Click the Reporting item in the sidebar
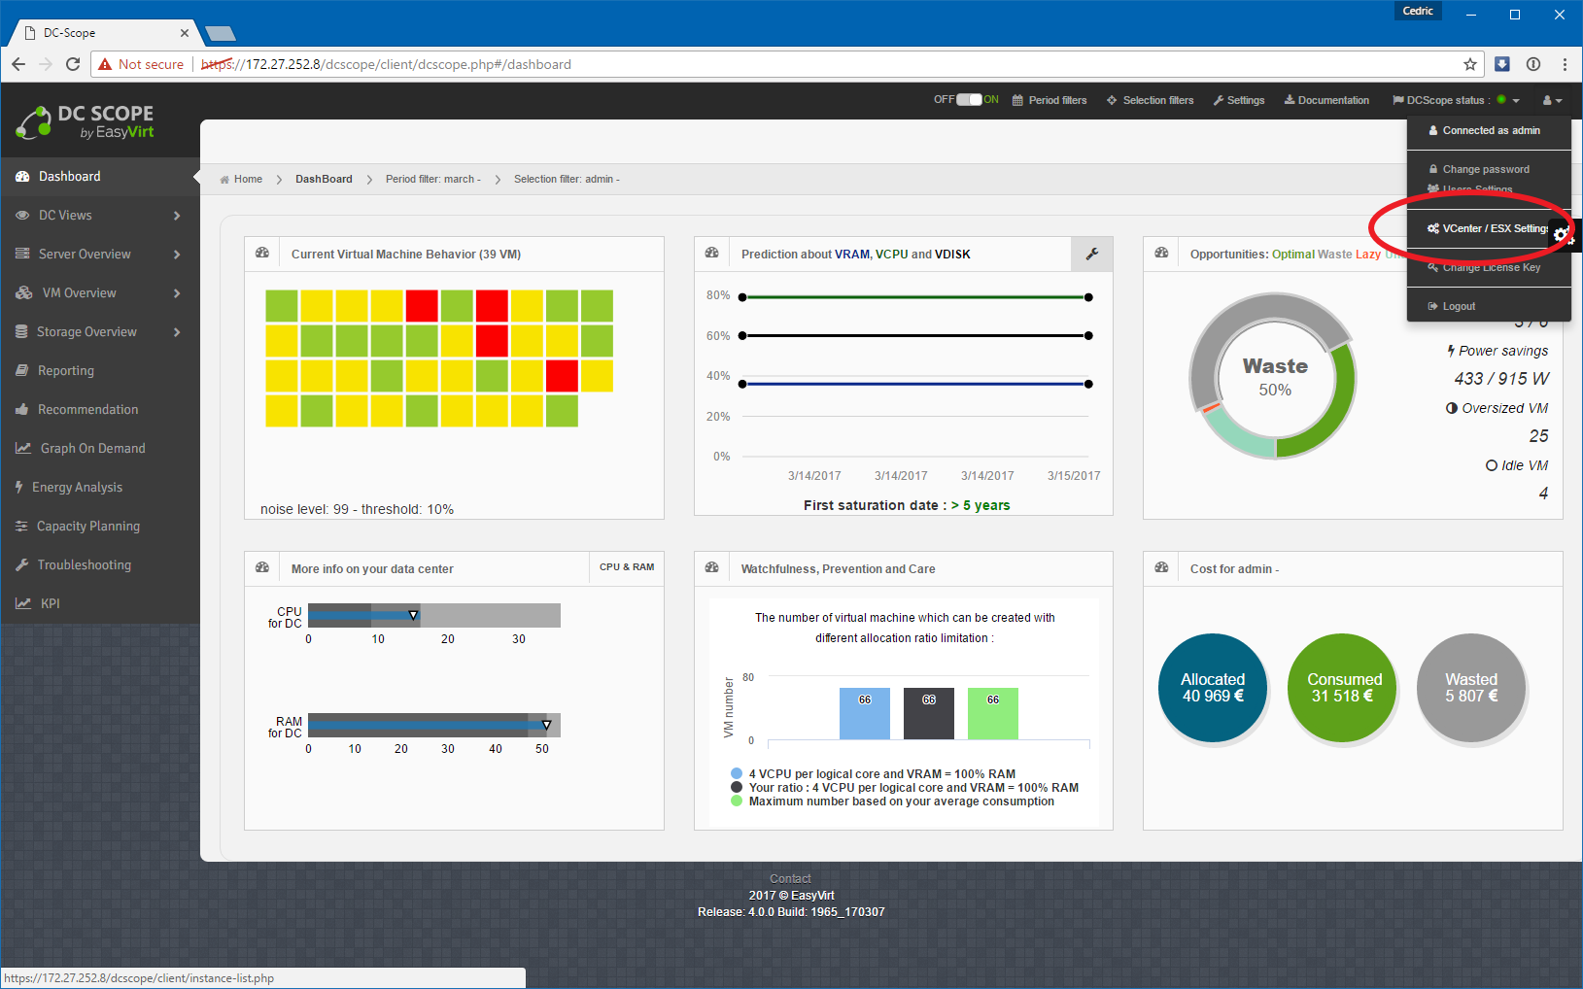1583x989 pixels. [65, 370]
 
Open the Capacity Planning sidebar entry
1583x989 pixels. [87, 526]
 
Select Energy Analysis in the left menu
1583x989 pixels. [77, 487]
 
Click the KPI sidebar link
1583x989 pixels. [50, 603]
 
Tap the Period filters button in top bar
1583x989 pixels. [1050, 100]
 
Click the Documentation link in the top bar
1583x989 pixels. [1326, 100]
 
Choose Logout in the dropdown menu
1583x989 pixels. [1458, 306]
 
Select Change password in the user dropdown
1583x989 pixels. [1485, 169]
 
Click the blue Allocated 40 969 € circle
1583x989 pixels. [1212, 688]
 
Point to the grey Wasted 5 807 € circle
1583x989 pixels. [1471, 688]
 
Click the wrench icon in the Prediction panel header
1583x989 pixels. [1092, 254]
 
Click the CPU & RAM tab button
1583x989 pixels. [627, 566]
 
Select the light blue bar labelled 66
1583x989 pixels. [864, 714]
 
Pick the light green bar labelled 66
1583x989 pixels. [992, 714]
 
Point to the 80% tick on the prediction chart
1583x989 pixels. [718, 295]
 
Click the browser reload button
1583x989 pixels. [73, 64]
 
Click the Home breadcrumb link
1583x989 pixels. [248, 179]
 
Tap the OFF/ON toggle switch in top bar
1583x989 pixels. [969, 99]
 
